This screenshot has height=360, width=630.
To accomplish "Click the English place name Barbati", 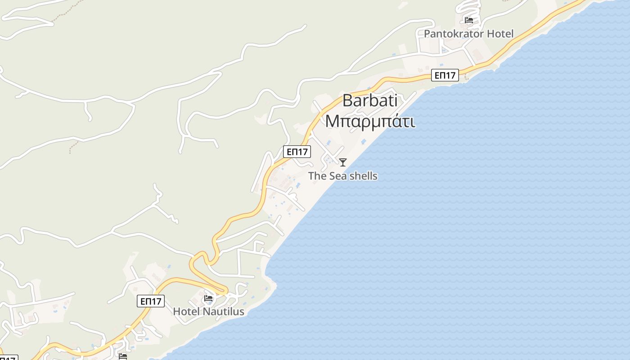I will (370, 100).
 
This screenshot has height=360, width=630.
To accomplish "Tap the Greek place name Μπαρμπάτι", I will (370, 121).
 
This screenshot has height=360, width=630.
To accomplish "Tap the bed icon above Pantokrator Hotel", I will (468, 20).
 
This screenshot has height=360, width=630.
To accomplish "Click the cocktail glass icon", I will (343, 162).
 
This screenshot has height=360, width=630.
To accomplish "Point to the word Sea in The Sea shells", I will (338, 176).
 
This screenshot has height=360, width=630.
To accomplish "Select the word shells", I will (363, 176).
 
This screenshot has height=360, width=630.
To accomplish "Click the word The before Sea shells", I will (317, 176).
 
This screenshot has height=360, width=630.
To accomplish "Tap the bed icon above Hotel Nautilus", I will (208, 298).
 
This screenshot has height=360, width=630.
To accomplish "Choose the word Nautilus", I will (223, 311).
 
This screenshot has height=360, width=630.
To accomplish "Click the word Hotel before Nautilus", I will (187, 311).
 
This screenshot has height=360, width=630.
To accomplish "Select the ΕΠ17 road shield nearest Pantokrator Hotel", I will (445, 76).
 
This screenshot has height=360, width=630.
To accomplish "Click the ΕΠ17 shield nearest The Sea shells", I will (297, 152).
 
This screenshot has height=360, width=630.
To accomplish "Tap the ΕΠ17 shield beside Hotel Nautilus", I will (151, 301).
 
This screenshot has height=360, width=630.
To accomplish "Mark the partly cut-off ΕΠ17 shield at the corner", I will (8, 358).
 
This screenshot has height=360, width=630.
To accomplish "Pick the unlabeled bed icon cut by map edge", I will (122, 356).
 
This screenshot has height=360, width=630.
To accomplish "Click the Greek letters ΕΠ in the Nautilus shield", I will (146, 301).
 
